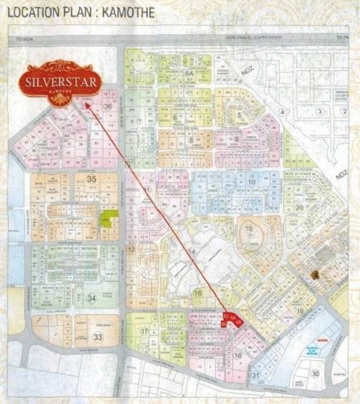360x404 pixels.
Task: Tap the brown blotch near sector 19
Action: [316, 273]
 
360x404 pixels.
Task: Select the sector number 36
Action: [108, 106]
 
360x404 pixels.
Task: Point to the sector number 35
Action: [92, 179]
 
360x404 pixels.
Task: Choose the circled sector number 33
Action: [98, 337]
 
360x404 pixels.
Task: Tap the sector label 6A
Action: [189, 71]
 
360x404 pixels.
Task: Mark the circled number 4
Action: [284, 110]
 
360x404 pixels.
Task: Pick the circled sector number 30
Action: [315, 374]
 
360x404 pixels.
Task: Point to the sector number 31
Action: [256, 375]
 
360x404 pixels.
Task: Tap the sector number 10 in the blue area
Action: [251, 182]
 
